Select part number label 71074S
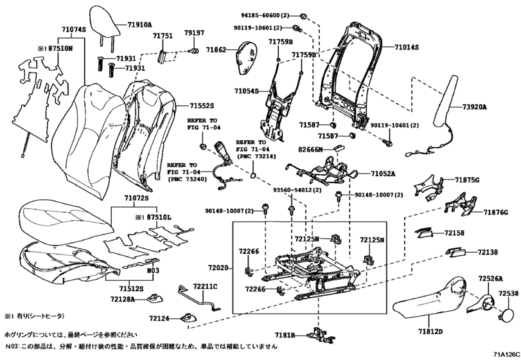click(x=73, y=30)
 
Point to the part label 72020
click(x=218, y=267)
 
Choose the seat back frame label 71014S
click(x=407, y=48)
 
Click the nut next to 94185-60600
click(x=303, y=16)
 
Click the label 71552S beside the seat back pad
click(x=202, y=106)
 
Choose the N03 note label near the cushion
click(x=153, y=271)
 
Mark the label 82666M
click(x=310, y=150)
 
